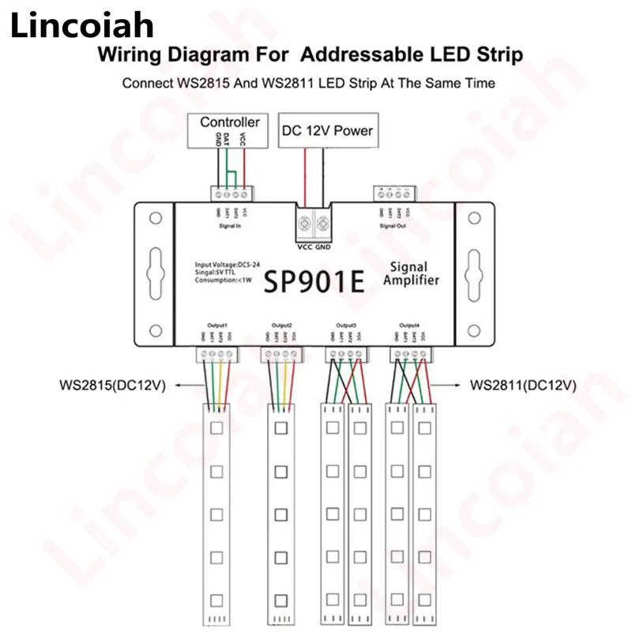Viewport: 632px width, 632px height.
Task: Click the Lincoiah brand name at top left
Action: point(81,28)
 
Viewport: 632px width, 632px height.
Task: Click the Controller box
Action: point(229,122)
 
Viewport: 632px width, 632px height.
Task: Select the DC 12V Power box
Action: point(326,130)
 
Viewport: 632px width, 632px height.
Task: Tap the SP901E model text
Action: point(314,282)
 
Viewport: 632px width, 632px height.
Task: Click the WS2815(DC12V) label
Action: point(109,386)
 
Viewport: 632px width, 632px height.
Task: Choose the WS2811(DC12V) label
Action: point(523,386)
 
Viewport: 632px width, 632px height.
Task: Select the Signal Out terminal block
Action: point(392,193)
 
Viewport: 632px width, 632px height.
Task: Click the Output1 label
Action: point(216,325)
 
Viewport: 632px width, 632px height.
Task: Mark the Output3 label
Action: point(345,325)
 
